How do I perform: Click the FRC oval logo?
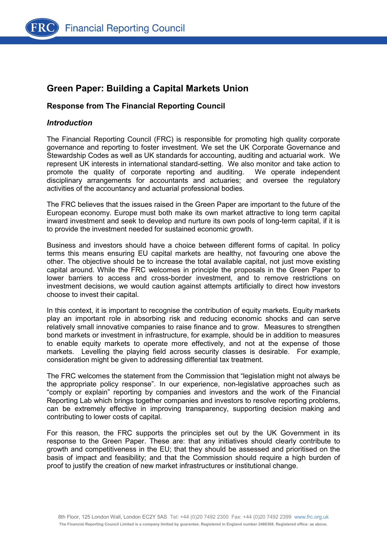pyautogui.click(x=42, y=28)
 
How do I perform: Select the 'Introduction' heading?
pyautogui.click(x=70, y=123)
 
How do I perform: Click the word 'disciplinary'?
pyautogui.click(x=64, y=181)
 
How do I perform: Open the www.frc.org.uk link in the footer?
pyautogui.click(x=311, y=517)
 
